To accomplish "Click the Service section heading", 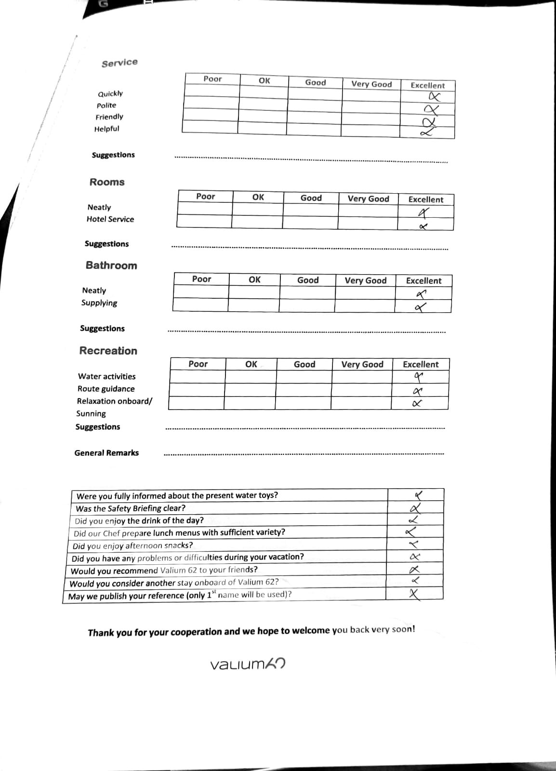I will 119,63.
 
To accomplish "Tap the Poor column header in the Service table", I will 212,79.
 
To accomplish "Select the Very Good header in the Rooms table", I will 368,199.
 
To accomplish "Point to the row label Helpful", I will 106,129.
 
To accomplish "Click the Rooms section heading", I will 107,182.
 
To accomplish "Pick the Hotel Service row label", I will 110,219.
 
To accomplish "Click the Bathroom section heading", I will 111,266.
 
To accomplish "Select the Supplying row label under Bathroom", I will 99,303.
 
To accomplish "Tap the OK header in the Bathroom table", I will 254,279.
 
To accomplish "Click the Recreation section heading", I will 108,351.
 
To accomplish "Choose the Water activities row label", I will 107,376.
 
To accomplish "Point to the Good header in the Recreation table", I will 304,364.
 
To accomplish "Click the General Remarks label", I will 106,453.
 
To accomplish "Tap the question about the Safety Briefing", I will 131,508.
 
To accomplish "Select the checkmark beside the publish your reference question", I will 414,594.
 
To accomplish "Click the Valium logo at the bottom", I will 248,664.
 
